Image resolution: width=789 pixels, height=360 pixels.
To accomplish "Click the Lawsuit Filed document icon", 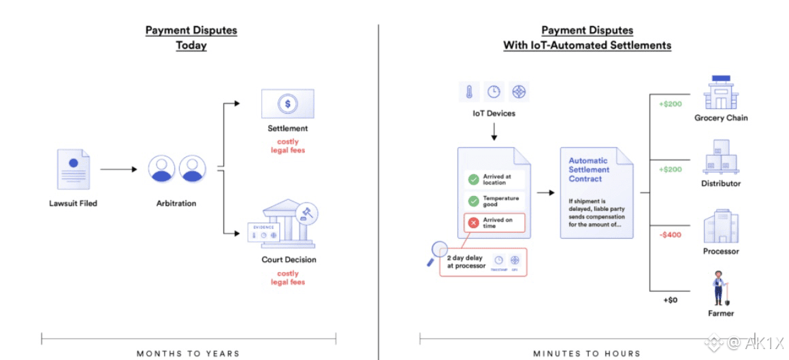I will [73, 169].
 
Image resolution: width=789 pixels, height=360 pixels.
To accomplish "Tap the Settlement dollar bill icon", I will [287, 103].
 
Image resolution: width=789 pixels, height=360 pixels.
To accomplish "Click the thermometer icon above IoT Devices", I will [469, 92].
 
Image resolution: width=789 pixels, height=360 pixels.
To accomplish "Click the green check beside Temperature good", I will [473, 201].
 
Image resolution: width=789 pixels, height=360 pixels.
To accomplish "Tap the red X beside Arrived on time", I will [473, 223].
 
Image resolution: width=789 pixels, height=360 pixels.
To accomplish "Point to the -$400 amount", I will [670, 235].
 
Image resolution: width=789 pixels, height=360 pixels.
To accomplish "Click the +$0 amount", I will [670, 299].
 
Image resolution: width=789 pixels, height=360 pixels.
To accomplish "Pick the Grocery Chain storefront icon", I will [721, 93].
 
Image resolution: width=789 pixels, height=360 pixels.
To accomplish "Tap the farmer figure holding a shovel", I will [719, 289].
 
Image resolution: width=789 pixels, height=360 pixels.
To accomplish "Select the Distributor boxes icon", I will [721, 158].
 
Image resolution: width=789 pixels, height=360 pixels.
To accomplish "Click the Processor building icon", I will [721, 226].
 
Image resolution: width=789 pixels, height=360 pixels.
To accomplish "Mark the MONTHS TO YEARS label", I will [188, 353].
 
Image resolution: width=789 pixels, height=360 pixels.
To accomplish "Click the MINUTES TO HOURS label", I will [587, 353].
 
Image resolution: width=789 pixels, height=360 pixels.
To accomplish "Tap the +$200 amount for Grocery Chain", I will [670, 104].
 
